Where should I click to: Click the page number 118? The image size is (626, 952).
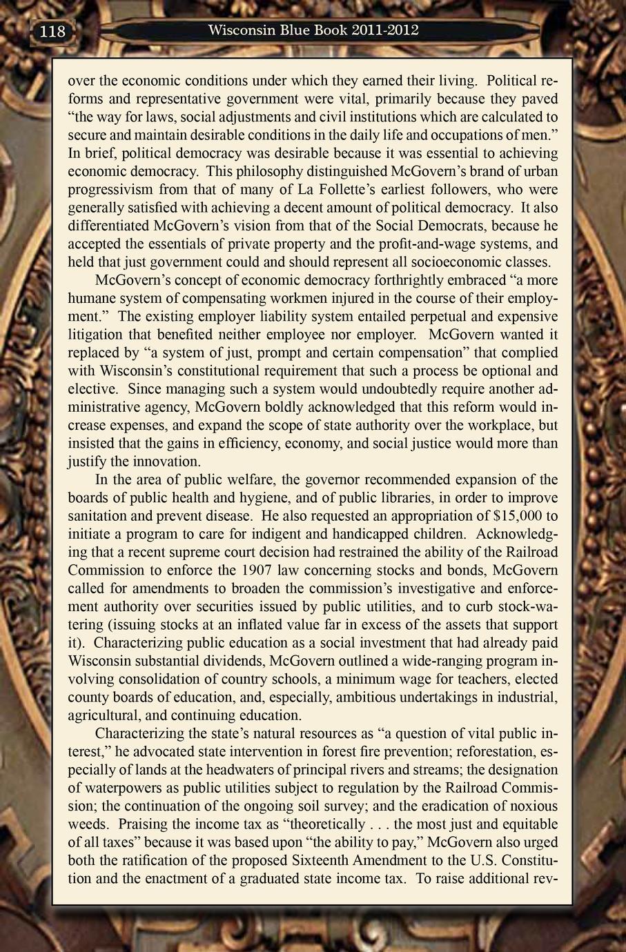click(x=52, y=32)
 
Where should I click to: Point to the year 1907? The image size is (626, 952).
click(x=261, y=571)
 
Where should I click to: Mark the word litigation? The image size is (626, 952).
click(x=97, y=335)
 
